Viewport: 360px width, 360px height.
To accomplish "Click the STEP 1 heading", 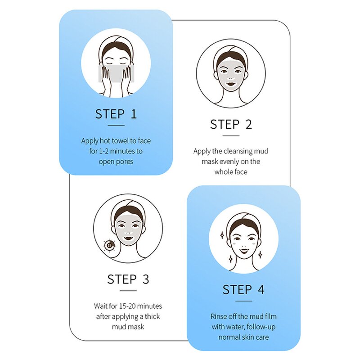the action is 116,114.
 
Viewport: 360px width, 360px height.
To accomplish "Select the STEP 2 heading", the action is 231,125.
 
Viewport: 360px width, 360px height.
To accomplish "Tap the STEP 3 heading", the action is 128,279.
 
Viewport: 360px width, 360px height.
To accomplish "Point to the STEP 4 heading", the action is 243,289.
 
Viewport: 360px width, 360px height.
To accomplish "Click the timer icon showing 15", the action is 109,245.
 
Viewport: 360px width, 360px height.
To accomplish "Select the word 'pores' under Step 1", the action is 125,162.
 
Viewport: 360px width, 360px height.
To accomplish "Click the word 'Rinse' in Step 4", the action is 218,316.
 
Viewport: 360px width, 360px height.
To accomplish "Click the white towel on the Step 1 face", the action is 116,74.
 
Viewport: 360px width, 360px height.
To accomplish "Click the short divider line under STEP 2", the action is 231,136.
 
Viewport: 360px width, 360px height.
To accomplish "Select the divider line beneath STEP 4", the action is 243,301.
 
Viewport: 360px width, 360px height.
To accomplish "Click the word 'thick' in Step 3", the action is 152,317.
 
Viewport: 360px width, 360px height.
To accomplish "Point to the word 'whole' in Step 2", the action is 223,172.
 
